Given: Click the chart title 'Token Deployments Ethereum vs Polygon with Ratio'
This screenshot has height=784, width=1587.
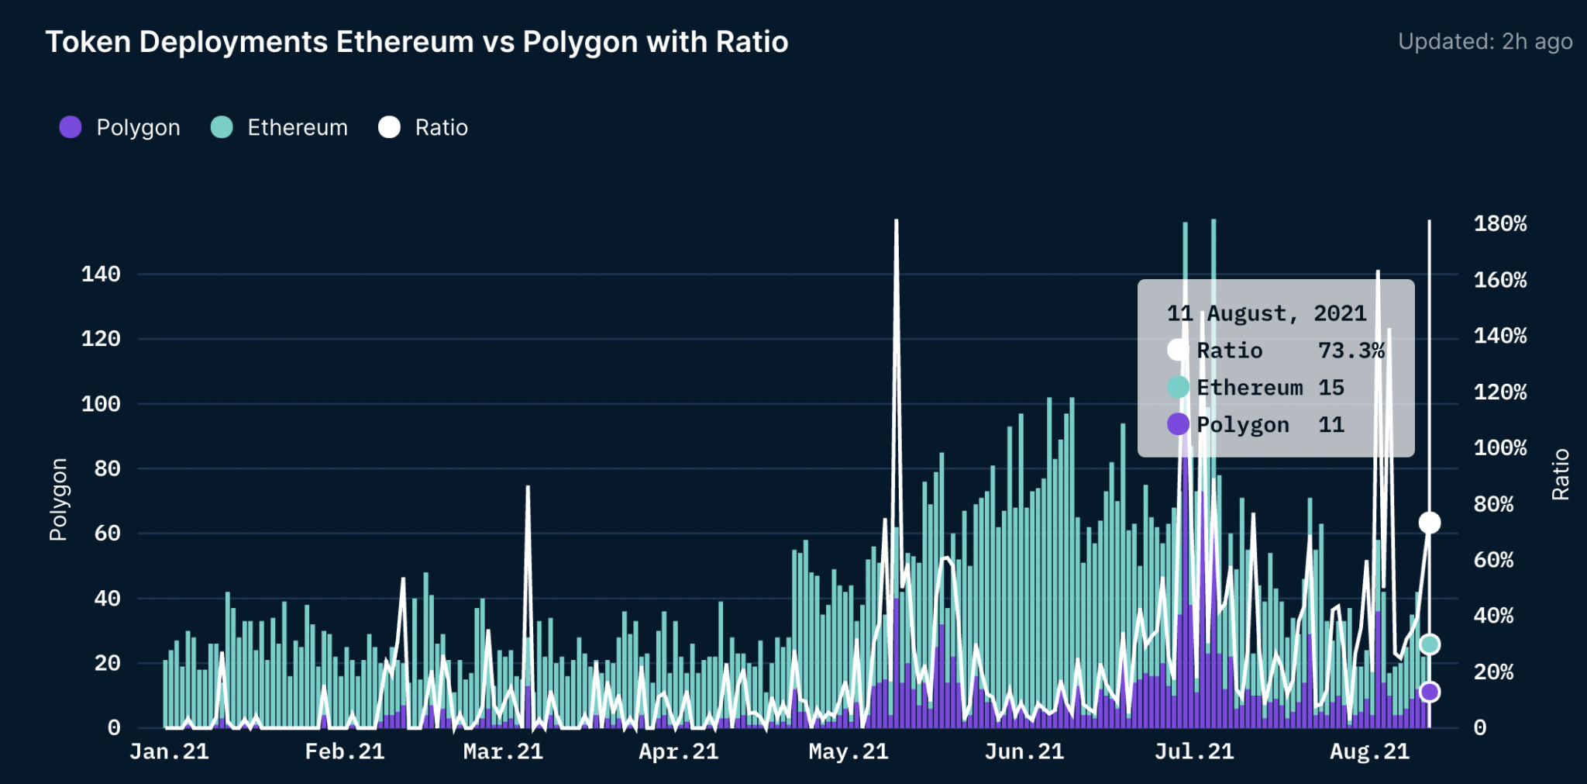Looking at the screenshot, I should coord(417,42).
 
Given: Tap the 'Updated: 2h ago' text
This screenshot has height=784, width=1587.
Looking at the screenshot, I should coord(1485,42).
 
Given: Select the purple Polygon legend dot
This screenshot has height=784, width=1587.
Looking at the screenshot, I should coord(71,127).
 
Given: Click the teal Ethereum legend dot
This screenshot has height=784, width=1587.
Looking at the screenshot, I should coord(222,127).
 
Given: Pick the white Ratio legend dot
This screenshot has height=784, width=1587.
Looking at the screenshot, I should coord(389,127).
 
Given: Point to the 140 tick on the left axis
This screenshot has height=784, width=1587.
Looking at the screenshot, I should coord(101,274).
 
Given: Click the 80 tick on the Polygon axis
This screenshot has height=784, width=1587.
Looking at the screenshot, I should coord(107,468).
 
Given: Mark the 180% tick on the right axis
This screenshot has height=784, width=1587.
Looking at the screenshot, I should coord(1499,224).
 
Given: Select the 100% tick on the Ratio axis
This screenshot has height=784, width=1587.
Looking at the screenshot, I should coord(1499,448).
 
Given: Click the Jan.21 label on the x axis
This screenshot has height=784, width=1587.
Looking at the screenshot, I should coord(169,751).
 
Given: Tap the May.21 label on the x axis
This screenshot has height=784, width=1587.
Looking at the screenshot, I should coord(848,751).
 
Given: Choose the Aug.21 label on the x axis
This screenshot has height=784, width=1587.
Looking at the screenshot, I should coord(1369,751).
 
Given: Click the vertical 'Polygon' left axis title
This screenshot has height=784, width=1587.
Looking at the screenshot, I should coord(58,499).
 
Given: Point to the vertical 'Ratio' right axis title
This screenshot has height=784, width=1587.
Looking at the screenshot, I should coord(1560,474).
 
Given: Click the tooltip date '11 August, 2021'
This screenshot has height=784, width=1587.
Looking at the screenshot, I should coord(1266,313).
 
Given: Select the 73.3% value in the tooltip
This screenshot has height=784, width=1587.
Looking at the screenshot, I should coord(1351,351).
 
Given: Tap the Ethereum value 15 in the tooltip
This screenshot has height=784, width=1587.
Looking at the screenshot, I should coord(1331,388).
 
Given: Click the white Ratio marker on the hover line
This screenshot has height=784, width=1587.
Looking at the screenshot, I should coord(1430,523).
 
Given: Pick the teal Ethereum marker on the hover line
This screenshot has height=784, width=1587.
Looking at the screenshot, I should coord(1430,644).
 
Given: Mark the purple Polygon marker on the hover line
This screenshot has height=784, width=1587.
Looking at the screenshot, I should coord(1430,692).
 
